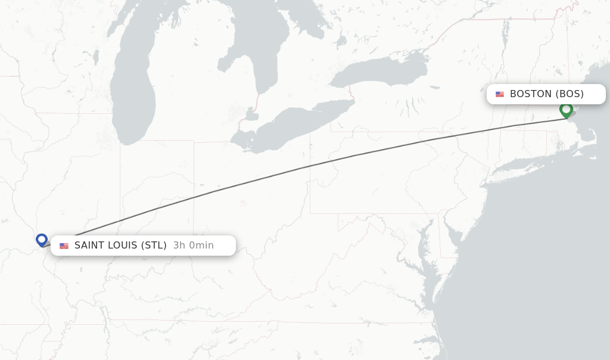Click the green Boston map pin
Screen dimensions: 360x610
pyautogui.click(x=566, y=110)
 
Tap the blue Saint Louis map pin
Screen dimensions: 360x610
pyautogui.click(x=42, y=240)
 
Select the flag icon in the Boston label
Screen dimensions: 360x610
pyautogui.click(x=500, y=94)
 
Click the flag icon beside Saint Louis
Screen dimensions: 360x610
pyautogui.click(x=64, y=246)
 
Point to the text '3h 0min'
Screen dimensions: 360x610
pyautogui.click(x=193, y=246)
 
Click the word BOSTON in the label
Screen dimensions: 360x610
pyautogui.click(x=531, y=94)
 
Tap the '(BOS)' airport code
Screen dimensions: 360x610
pyautogui.click(x=569, y=94)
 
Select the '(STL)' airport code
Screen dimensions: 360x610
pyautogui.click(x=154, y=246)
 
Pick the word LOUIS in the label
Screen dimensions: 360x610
pyautogui.click(x=123, y=246)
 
